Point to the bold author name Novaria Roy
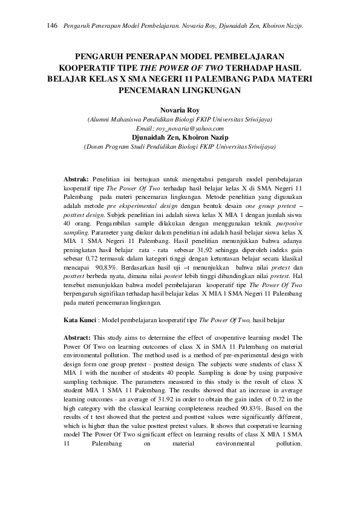[180, 111]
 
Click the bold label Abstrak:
[76, 180]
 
